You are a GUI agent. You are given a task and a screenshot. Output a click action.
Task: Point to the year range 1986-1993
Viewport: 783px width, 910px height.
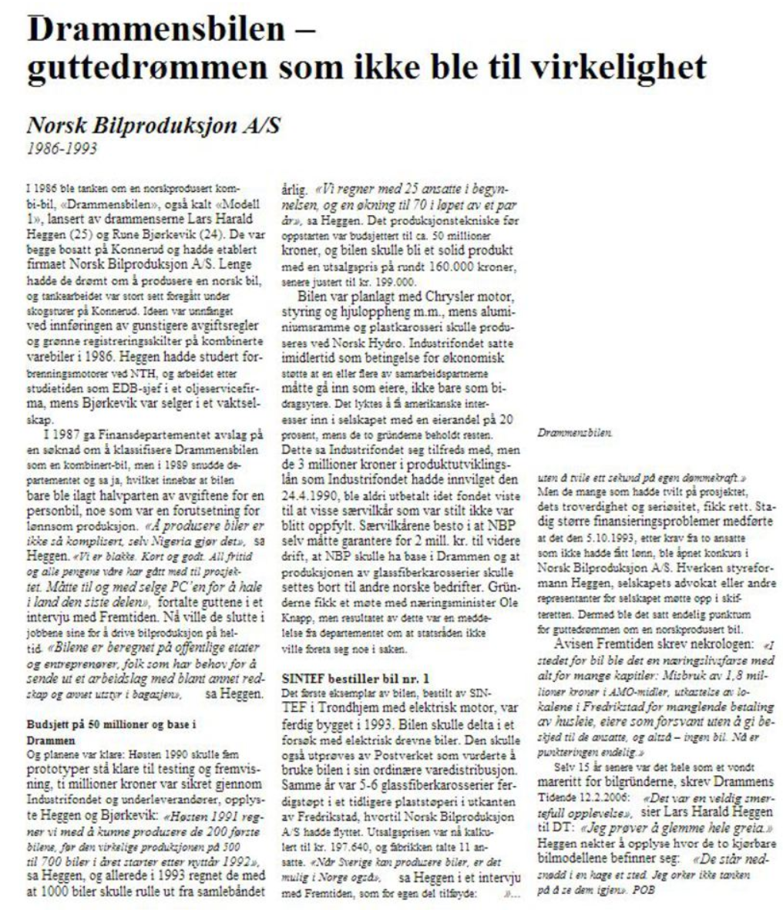62,149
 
